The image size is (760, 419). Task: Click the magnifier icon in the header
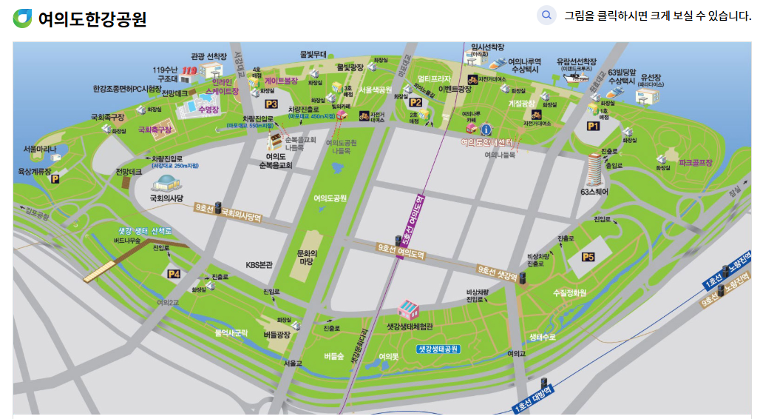pos(546,15)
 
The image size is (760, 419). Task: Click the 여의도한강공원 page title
pos(92,19)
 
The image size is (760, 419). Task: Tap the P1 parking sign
pos(592,127)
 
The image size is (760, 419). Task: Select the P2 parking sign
pos(415,103)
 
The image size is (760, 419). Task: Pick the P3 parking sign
pos(271,104)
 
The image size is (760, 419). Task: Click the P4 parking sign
pos(174,274)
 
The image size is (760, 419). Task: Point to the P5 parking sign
pos(588,256)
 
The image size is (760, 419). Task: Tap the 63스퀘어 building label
pos(594,192)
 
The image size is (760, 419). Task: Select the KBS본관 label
pos(259,264)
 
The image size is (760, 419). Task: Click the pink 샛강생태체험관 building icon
pos(408,308)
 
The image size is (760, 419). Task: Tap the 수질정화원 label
pos(569,293)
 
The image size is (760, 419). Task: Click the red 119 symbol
pos(189,71)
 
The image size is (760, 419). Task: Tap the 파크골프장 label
pos(695,162)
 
